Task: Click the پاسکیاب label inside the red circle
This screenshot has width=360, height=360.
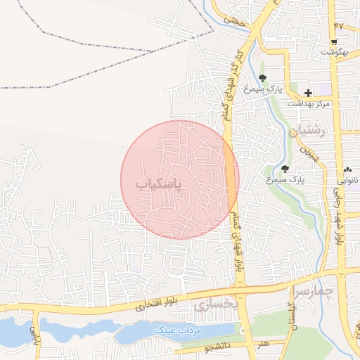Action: tap(158, 184)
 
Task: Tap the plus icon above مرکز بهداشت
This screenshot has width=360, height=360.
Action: tap(308, 93)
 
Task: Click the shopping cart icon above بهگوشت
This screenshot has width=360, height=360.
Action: tap(333, 41)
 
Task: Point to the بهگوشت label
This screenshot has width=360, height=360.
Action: tap(334, 53)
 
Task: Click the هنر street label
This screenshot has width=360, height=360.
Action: tap(264, 344)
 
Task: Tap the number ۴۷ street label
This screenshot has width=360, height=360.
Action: tap(339, 26)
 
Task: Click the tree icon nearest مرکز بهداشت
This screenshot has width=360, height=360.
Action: tap(262, 79)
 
